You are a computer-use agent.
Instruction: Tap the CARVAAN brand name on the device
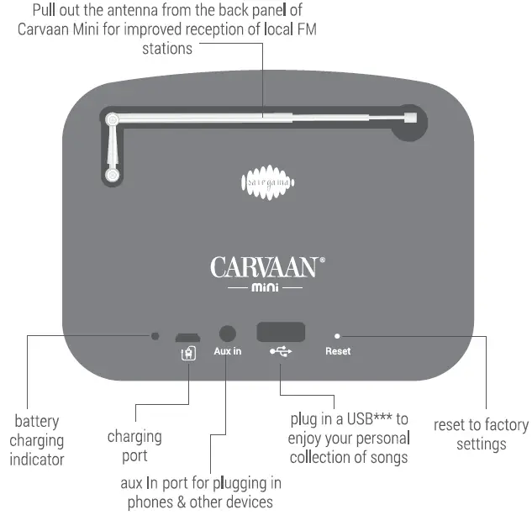264,267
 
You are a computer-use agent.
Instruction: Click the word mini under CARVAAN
266,288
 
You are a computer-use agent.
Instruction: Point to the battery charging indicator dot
155,336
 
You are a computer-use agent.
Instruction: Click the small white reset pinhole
338,335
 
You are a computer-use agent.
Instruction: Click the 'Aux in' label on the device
227,351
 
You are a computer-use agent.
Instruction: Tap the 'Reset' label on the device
338,351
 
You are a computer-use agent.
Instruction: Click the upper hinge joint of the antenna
112,120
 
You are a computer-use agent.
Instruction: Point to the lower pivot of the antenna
111,175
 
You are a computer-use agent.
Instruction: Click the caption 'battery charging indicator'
38,439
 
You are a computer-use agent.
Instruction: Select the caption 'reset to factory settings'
481,434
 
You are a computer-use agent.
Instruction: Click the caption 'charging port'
134,446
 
